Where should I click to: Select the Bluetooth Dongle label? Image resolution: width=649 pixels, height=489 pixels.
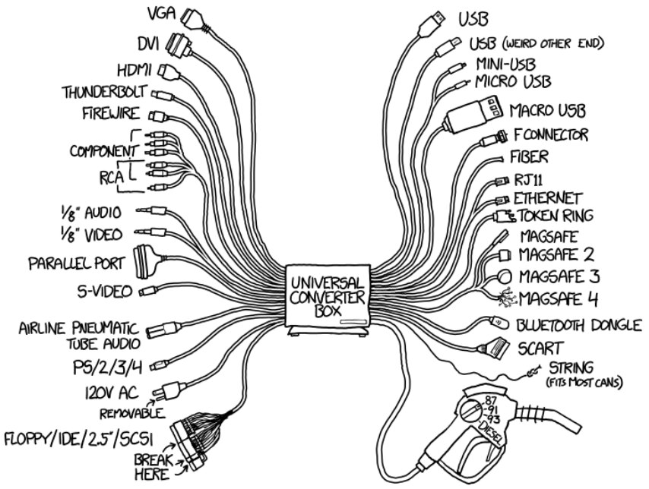tap(580, 326)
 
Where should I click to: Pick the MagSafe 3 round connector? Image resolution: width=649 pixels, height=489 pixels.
tap(505, 275)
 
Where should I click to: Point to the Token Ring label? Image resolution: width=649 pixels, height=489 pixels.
tap(556, 216)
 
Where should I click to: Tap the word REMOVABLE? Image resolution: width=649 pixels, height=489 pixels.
tap(131, 414)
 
